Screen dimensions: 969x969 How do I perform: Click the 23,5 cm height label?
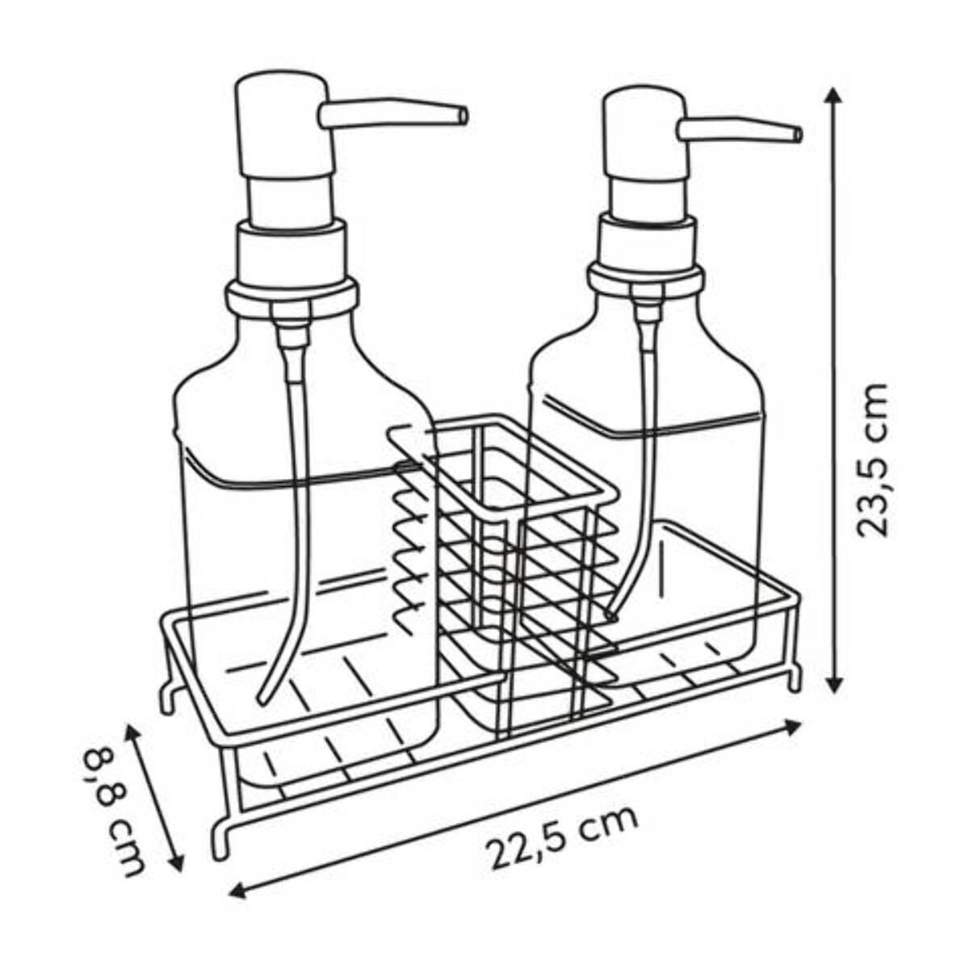[x=871, y=460]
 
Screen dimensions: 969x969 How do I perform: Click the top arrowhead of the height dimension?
[x=833, y=97]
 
